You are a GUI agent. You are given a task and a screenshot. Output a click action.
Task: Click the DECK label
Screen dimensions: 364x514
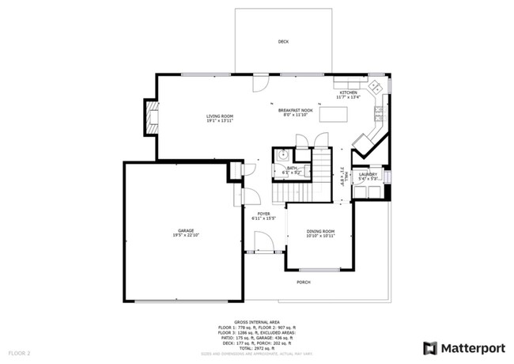click(x=282, y=41)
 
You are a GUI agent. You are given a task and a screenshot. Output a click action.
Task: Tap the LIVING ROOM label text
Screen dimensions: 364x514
click(x=220, y=116)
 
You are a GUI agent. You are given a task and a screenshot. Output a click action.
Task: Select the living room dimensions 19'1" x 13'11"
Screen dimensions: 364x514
click(x=220, y=121)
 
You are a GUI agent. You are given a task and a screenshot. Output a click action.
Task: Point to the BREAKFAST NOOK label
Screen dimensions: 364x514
click(x=296, y=110)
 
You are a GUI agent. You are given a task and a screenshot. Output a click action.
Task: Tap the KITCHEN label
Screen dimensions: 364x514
click(x=348, y=93)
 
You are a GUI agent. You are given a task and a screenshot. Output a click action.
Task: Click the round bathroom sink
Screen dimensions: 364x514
click(x=282, y=156)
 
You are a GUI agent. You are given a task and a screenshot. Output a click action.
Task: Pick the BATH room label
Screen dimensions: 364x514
click(x=292, y=168)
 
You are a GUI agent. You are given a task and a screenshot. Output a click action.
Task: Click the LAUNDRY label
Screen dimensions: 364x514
click(x=368, y=174)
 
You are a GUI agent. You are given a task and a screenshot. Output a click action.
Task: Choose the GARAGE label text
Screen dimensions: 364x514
click(x=184, y=231)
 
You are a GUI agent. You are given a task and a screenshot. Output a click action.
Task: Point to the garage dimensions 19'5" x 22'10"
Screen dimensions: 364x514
click(x=184, y=236)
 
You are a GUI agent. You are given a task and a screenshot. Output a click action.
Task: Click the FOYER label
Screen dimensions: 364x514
click(x=263, y=213)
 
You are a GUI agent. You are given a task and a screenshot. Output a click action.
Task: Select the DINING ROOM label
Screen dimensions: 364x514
click(x=321, y=231)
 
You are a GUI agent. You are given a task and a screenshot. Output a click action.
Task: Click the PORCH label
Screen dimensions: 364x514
click(x=303, y=282)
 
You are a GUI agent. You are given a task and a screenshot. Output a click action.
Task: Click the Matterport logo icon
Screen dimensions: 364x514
click(x=430, y=347)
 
